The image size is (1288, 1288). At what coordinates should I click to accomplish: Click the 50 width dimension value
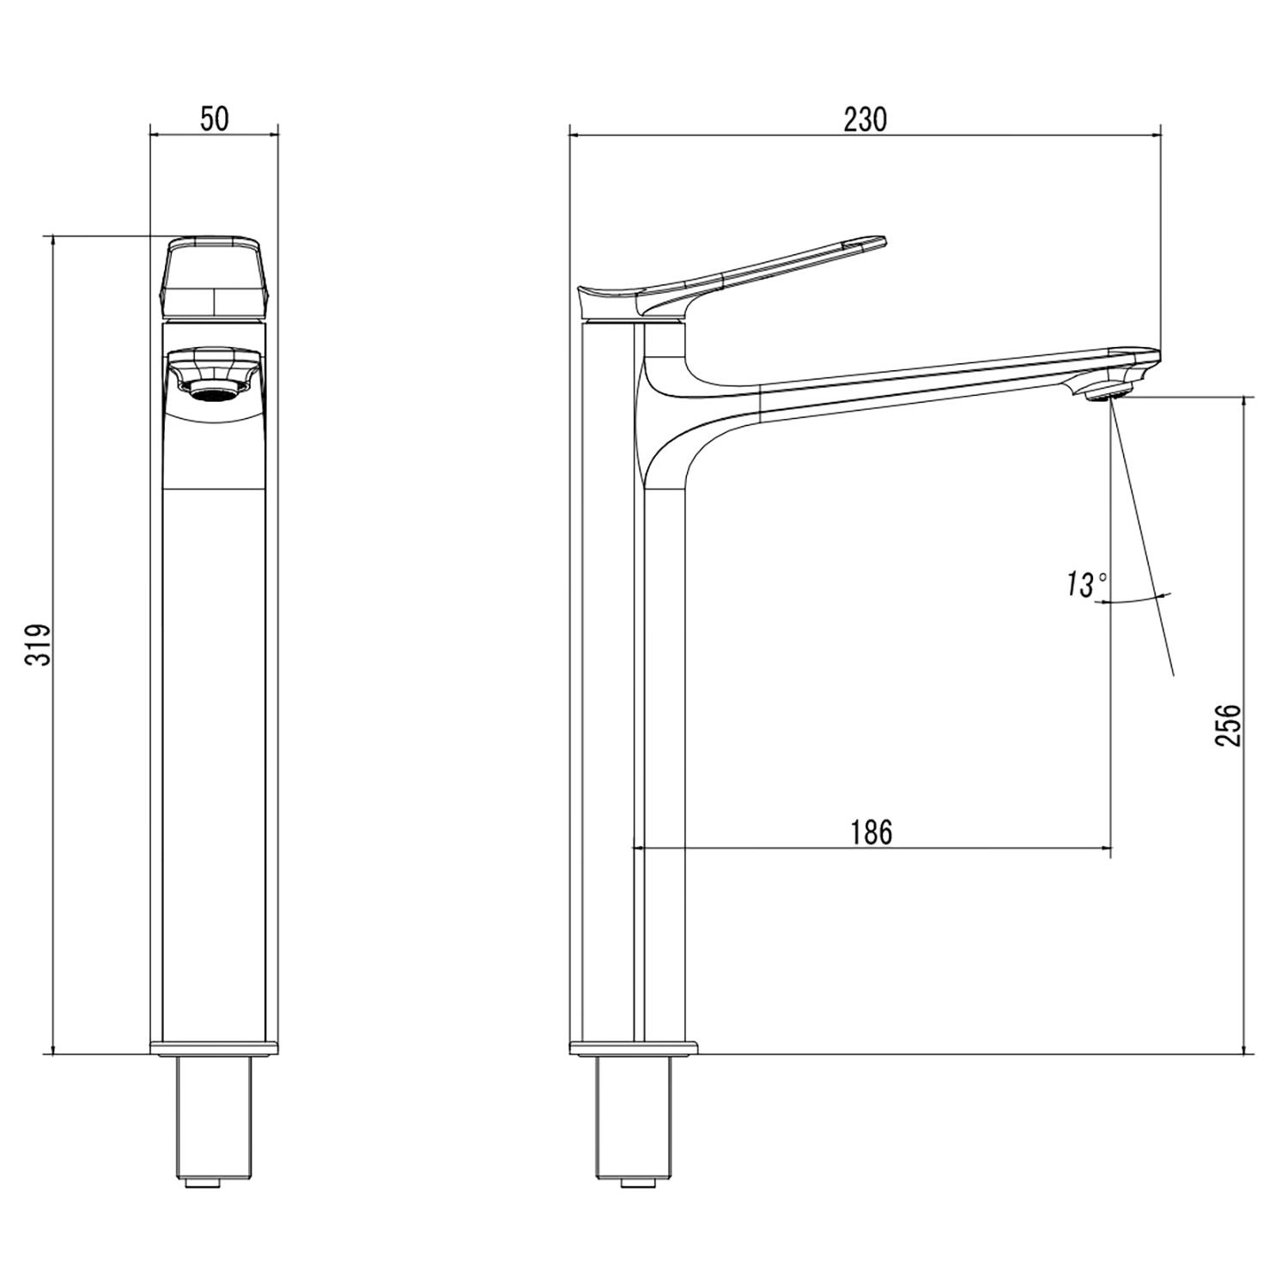(x=215, y=119)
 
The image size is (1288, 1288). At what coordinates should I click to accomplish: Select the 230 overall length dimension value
(x=864, y=119)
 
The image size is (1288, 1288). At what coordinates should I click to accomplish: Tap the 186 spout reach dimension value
(x=872, y=832)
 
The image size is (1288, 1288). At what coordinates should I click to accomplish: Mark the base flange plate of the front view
(x=215, y=1048)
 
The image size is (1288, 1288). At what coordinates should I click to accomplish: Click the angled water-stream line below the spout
(x=1142, y=541)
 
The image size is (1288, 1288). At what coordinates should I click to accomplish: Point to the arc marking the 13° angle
(x=1138, y=598)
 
